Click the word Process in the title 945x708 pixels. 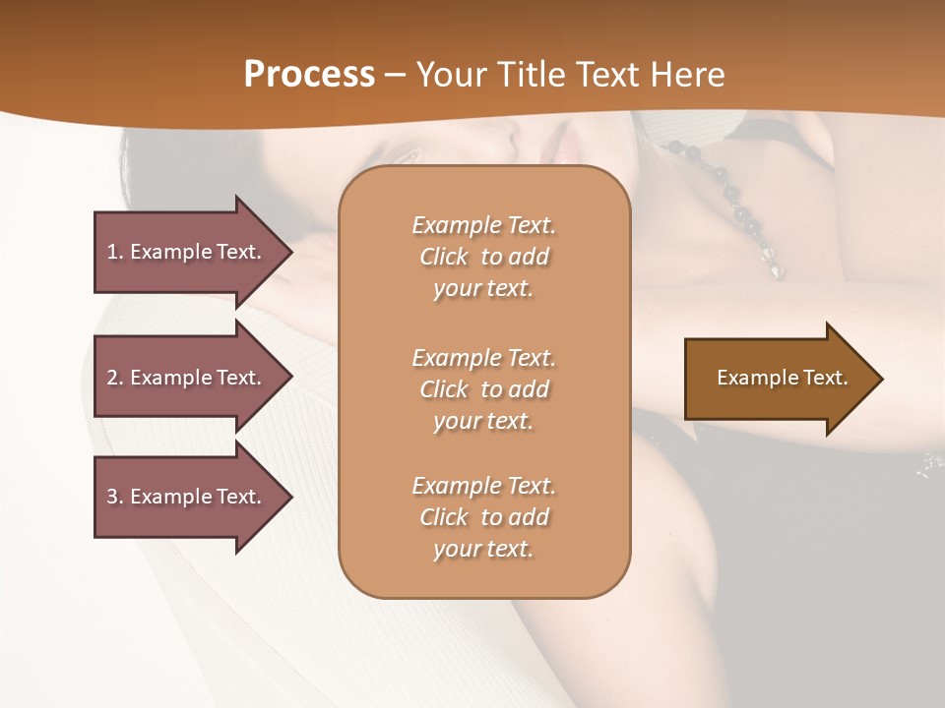coord(309,75)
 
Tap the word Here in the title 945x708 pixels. coord(690,75)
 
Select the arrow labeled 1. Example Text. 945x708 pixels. coord(187,252)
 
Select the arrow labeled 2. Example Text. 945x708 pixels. coord(187,378)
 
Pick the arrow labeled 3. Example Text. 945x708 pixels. coord(187,497)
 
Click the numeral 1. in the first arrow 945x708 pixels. coord(115,252)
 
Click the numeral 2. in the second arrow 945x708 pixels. coord(115,378)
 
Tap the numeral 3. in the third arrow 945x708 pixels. coord(115,497)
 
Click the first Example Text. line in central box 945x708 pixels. coord(483,225)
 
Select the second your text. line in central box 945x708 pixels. coord(483,421)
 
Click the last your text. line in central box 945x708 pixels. coord(483,549)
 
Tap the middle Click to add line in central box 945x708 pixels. coord(483,389)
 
